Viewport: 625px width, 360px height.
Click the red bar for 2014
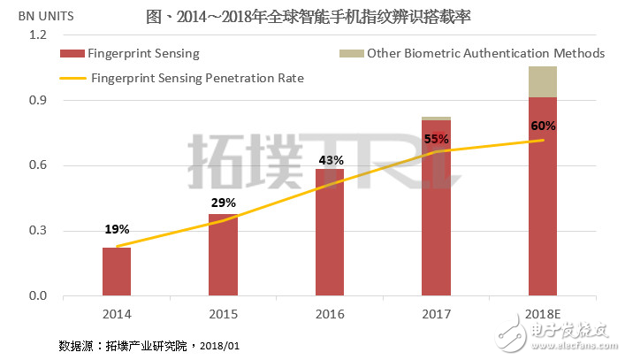point(117,272)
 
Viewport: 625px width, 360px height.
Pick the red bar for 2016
point(330,232)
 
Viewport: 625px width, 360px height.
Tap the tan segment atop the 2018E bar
point(543,81)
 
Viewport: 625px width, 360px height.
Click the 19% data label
point(117,229)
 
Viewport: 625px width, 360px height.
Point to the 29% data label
point(223,203)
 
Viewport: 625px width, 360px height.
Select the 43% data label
point(330,160)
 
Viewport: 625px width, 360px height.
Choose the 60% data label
point(543,126)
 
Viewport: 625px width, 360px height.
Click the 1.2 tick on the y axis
point(36,35)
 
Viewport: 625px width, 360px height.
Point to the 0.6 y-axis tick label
point(36,165)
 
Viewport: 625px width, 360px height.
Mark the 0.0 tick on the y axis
point(36,296)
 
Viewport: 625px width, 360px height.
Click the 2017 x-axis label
point(437,314)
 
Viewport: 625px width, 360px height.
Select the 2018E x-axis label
point(543,314)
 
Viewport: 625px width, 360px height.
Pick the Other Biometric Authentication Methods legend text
point(485,54)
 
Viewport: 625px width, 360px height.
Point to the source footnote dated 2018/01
point(149,344)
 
